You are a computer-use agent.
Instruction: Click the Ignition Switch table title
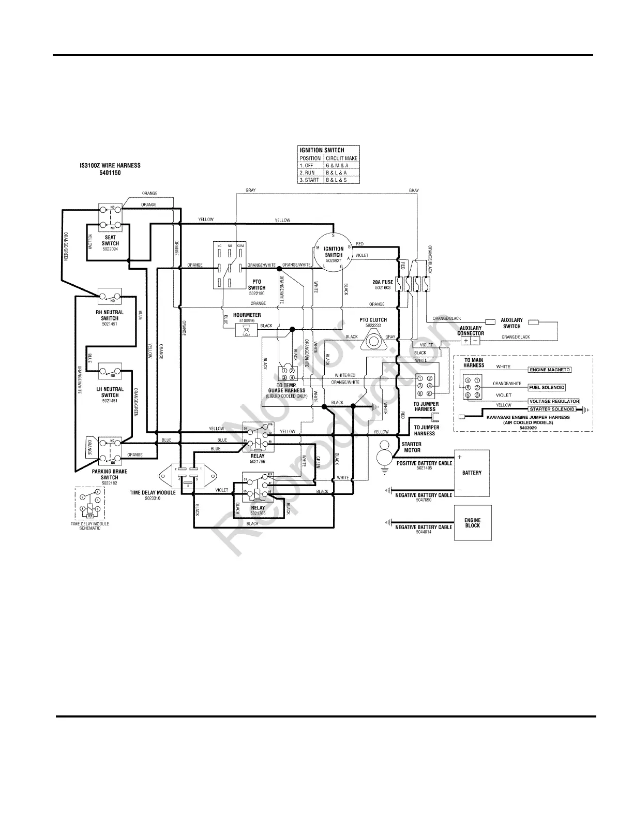[322, 150]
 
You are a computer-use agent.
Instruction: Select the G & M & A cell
[337, 166]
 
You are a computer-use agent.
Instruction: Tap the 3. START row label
[310, 180]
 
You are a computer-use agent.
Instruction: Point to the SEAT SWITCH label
[110, 240]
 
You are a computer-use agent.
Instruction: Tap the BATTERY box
[472, 473]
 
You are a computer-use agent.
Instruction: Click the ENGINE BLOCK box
[472, 523]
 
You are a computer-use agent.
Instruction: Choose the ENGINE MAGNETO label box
[549, 370]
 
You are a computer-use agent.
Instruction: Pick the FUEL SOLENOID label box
[547, 388]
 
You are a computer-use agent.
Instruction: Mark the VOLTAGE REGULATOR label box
[553, 401]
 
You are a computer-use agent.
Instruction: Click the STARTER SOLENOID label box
[552, 409]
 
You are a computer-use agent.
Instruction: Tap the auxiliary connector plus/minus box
[471, 341]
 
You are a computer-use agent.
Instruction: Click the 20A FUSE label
[383, 282]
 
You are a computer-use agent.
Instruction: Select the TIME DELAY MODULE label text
[153, 493]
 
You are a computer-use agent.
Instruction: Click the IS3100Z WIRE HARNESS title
[107, 166]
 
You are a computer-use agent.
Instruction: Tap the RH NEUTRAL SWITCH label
[110, 316]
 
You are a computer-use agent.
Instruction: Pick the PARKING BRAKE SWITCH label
[110, 474]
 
